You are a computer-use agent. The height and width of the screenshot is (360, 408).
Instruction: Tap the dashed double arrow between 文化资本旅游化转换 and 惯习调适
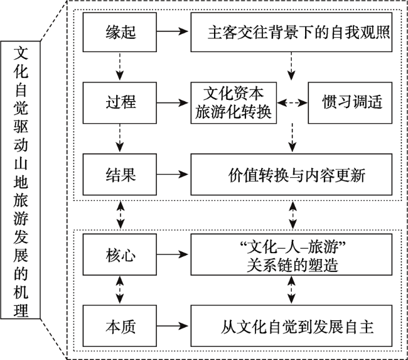[292, 101]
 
